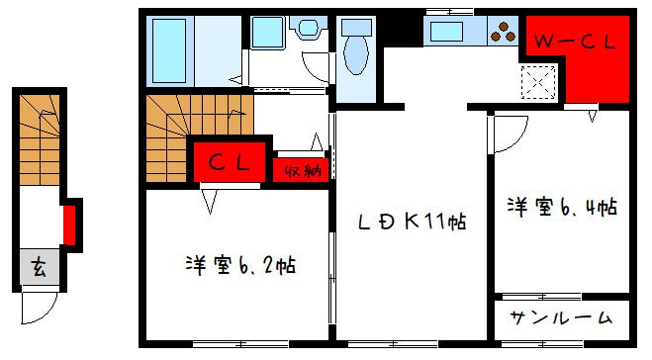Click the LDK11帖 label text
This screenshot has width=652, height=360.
(x=411, y=221)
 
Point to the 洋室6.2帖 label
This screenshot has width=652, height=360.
(x=240, y=265)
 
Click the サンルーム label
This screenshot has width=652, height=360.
(x=561, y=318)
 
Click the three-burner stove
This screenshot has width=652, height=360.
(x=503, y=32)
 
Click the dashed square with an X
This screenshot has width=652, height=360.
(x=539, y=79)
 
